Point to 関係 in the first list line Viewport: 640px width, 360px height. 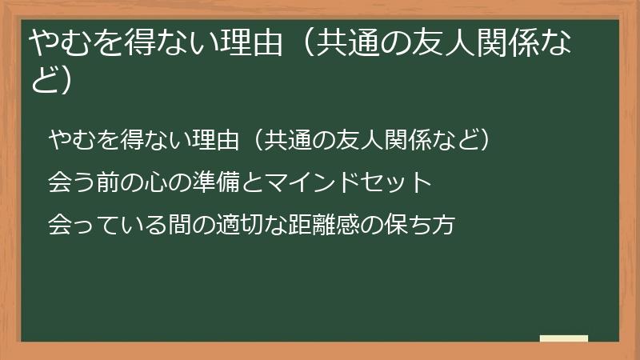click(397, 140)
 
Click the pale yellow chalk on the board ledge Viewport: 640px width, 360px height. click(563, 338)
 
